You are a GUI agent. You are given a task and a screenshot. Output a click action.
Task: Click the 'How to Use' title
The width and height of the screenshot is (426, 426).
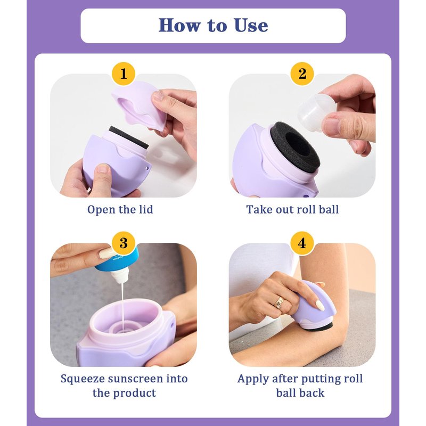pyautogui.click(x=213, y=25)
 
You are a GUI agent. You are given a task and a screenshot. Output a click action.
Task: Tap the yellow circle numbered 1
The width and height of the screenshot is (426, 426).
pyautogui.click(x=124, y=73)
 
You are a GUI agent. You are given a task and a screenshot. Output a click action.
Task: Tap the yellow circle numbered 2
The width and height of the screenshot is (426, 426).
pyautogui.click(x=302, y=73)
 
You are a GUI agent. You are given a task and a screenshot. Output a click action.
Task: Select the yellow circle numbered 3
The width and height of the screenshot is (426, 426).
pyautogui.click(x=124, y=243)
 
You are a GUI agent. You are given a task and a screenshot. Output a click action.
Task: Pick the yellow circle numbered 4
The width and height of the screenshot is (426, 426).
pyautogui.click(x=302, y=243)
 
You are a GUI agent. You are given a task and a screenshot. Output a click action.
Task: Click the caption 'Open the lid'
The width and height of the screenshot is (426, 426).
pyautogui.click(x=120, y=210)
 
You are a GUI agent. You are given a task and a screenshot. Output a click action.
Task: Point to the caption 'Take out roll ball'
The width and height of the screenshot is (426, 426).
pyautogui.click(x=292, y=209)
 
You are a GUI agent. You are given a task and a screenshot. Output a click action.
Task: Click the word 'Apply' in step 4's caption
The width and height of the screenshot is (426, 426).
pyautogui.click(x=253, y=379)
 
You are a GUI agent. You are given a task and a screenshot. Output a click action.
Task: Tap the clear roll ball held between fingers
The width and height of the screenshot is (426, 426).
pyautogui.click(x=316, y=111)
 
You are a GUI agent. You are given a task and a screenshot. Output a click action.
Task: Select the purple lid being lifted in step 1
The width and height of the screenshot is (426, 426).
pyautogui.click(x=139, y=104)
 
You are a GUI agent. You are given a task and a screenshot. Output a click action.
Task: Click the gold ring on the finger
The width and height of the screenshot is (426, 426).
pyautogui.click(x=279, y=302)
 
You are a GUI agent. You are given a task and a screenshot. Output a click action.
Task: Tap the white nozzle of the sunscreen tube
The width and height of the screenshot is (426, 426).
pyautogui.click(x=119, y=276)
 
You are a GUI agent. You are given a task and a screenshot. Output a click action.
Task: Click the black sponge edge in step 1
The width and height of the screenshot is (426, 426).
pyautogui.click(x=129, y=137)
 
